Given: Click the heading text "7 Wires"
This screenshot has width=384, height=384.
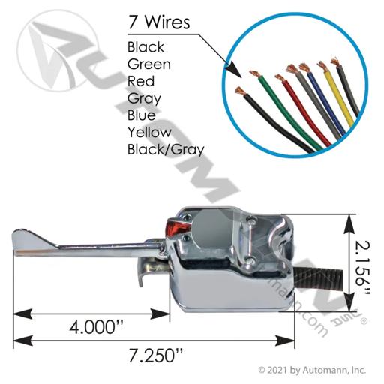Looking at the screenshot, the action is point(159,22).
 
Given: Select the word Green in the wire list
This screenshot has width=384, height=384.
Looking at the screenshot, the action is point(149,64).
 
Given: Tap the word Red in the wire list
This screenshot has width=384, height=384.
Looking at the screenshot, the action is point(141,82).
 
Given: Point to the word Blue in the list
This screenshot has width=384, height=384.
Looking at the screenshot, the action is point(142,115).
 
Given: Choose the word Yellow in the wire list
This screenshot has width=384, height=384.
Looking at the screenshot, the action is point(149,133).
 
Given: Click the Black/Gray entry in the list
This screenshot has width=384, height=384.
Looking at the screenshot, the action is point(166,150).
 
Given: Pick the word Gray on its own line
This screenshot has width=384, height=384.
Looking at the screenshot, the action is point(144,99).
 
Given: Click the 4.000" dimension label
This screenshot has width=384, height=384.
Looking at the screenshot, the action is point(97,327).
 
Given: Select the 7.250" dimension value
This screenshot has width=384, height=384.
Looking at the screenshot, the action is point(155,355).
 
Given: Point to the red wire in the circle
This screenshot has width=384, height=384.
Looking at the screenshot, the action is point(302,110).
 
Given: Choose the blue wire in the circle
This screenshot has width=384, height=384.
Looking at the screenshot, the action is point(325,100).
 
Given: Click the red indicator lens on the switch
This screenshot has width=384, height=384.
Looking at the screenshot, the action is point(178,226).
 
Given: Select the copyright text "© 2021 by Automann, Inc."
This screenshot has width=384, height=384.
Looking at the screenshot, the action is point(312,370).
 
